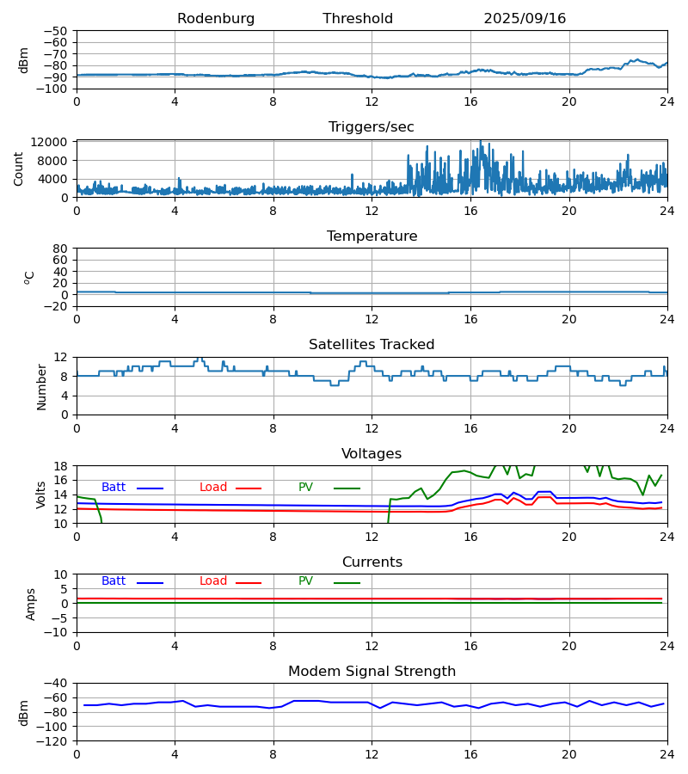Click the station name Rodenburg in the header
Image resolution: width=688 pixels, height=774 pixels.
(216, 19)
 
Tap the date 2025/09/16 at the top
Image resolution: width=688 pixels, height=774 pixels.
(525, 19)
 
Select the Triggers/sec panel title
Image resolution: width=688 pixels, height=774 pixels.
(372, 127)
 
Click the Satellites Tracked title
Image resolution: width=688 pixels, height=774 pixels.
(372, 345)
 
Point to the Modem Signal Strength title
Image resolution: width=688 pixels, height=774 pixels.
(372, 672)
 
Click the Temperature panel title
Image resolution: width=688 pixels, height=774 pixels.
(372, 236)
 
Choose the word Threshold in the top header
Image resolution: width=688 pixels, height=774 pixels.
(358, 19)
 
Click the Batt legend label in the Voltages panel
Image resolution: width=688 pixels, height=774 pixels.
(114, 488)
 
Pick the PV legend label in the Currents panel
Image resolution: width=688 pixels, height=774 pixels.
(305, 581)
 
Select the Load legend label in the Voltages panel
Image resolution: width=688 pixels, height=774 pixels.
(213, 488)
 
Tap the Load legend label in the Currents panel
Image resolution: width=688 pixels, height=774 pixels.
(213, 581)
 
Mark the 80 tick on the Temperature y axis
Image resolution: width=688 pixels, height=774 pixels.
(60, 249)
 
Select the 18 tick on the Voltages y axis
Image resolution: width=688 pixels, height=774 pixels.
(61, 466)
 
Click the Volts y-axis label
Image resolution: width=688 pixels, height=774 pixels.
(41, 494)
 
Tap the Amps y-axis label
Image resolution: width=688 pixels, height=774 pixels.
(31, 604)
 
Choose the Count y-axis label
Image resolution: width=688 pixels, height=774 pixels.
(19, 169)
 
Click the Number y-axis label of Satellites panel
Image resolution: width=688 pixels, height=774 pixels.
(41, 386)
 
